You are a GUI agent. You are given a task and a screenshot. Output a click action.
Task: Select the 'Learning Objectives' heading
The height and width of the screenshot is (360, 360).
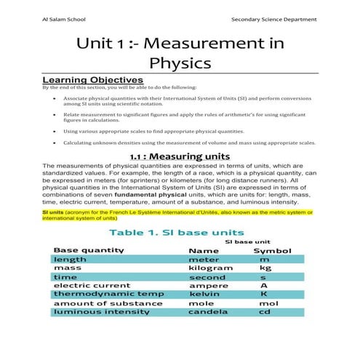pos(93,79)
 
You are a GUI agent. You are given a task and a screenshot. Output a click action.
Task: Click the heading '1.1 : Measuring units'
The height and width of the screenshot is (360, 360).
pos(180,156)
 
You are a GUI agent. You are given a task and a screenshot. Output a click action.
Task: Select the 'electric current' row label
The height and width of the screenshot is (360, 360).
pos(86,286)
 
